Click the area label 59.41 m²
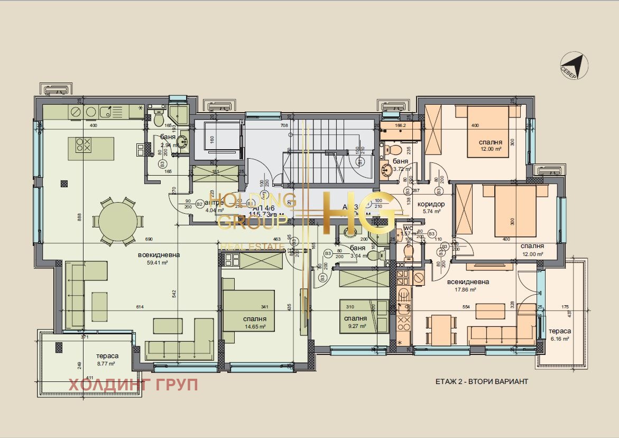coord(159,262)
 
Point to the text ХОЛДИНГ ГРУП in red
coord(133,385)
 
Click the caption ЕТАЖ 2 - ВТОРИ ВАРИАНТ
coord(482,381)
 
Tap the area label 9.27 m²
coord(355,327)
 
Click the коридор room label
coord(431,204)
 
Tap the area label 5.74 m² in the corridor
coord(431,212)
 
